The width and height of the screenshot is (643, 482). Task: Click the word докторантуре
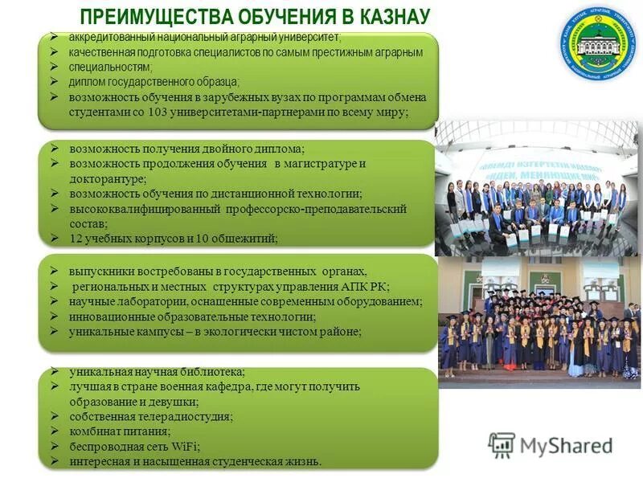click(108, 178)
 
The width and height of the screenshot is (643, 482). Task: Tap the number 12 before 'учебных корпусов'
click(76, 239)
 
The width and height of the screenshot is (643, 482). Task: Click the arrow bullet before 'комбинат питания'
click(54, 431)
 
